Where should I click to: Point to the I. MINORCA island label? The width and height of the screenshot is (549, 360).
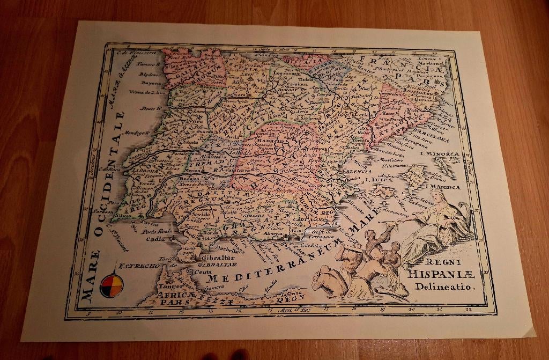pos(440,154)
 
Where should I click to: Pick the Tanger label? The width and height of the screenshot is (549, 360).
pos(168,286)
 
